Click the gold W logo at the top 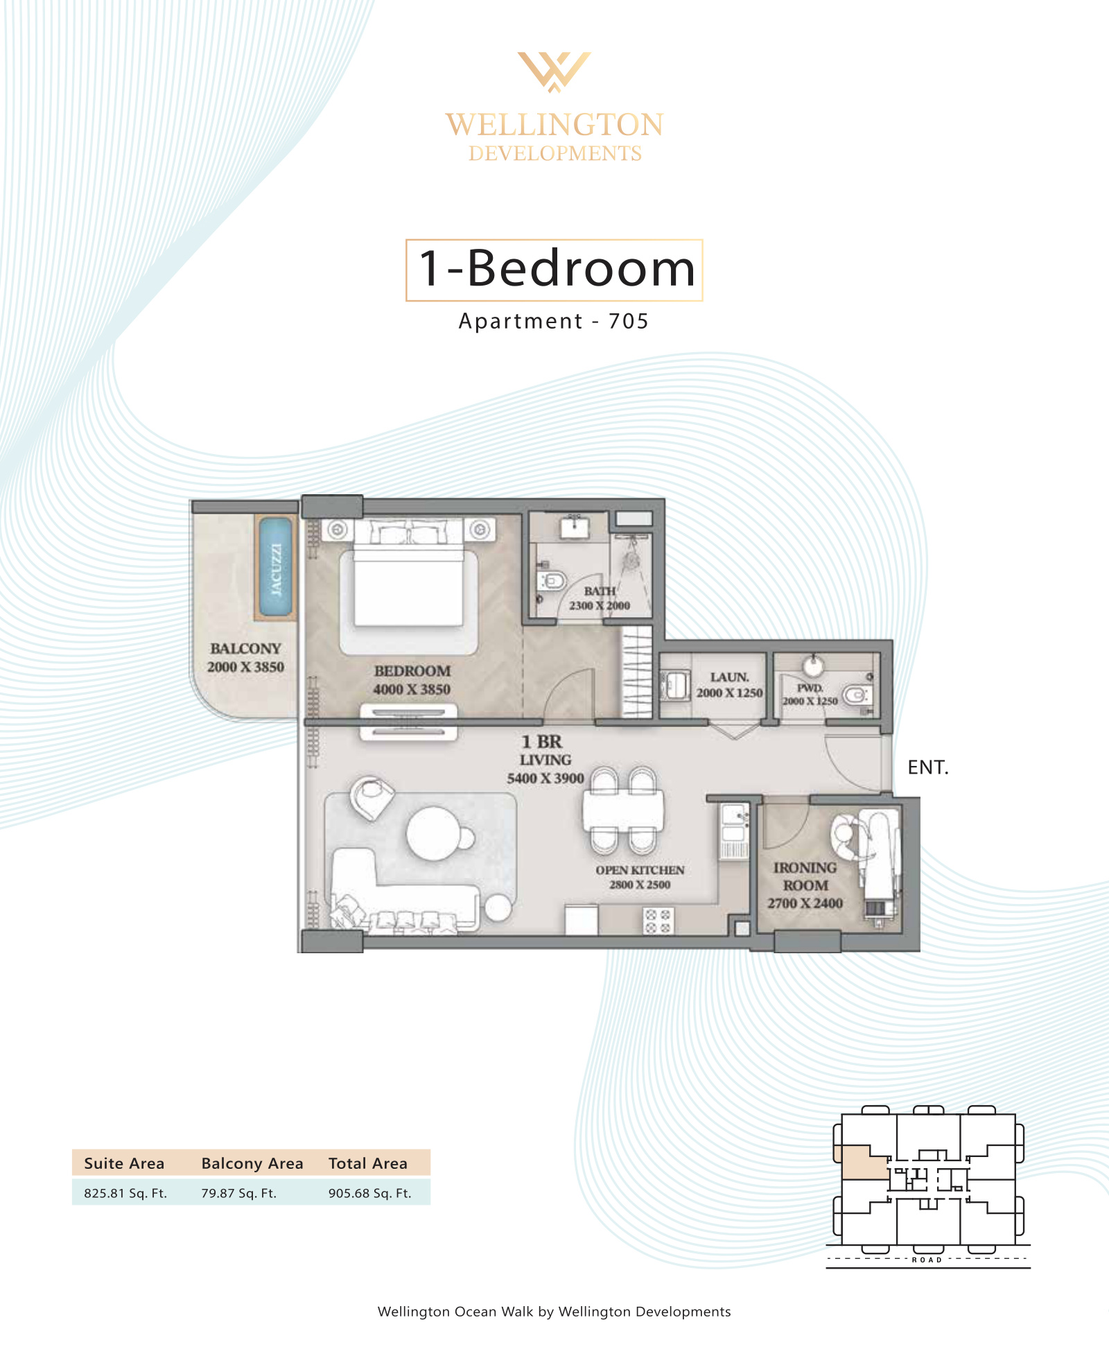(554, 71)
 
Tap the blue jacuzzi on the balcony (276, 567)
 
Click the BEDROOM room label (412, 671)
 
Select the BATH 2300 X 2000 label (600, 598)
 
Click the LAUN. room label (729, 677)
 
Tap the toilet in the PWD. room (857, 695)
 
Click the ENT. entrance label (928, 767)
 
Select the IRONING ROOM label (805, 877)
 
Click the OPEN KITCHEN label (640, 870)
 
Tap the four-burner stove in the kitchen (658, 922)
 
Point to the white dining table (623, 810)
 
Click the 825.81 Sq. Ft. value (125, 1193)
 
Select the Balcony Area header (252, 1163)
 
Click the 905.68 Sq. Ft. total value (370, 1193)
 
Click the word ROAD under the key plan (927, 1260)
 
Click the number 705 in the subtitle (629, 321)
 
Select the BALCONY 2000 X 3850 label (245, 657)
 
